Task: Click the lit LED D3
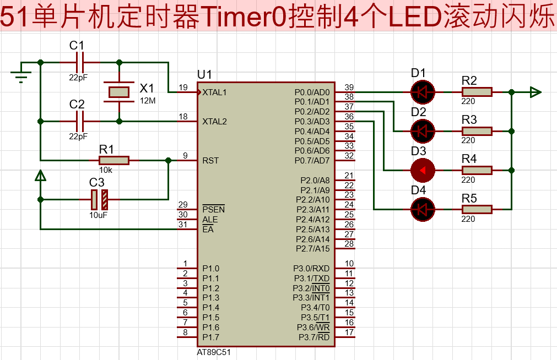pos(423,171)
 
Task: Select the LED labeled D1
pos(423,92)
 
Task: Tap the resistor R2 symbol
pos(477,92)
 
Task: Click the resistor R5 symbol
pos(477,209)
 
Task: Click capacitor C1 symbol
pos(79,62)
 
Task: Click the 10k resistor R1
pos(114,160)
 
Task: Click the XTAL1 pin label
pos(215,92)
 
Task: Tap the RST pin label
pos(210,161)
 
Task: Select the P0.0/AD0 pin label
pos(312,92)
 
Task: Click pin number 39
pos(349,88)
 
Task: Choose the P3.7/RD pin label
pos(314,337)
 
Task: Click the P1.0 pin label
pos(210,269)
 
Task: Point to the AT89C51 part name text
pos(213,352)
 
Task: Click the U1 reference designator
pos(204,74)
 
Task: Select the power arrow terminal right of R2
pos(534,92)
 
